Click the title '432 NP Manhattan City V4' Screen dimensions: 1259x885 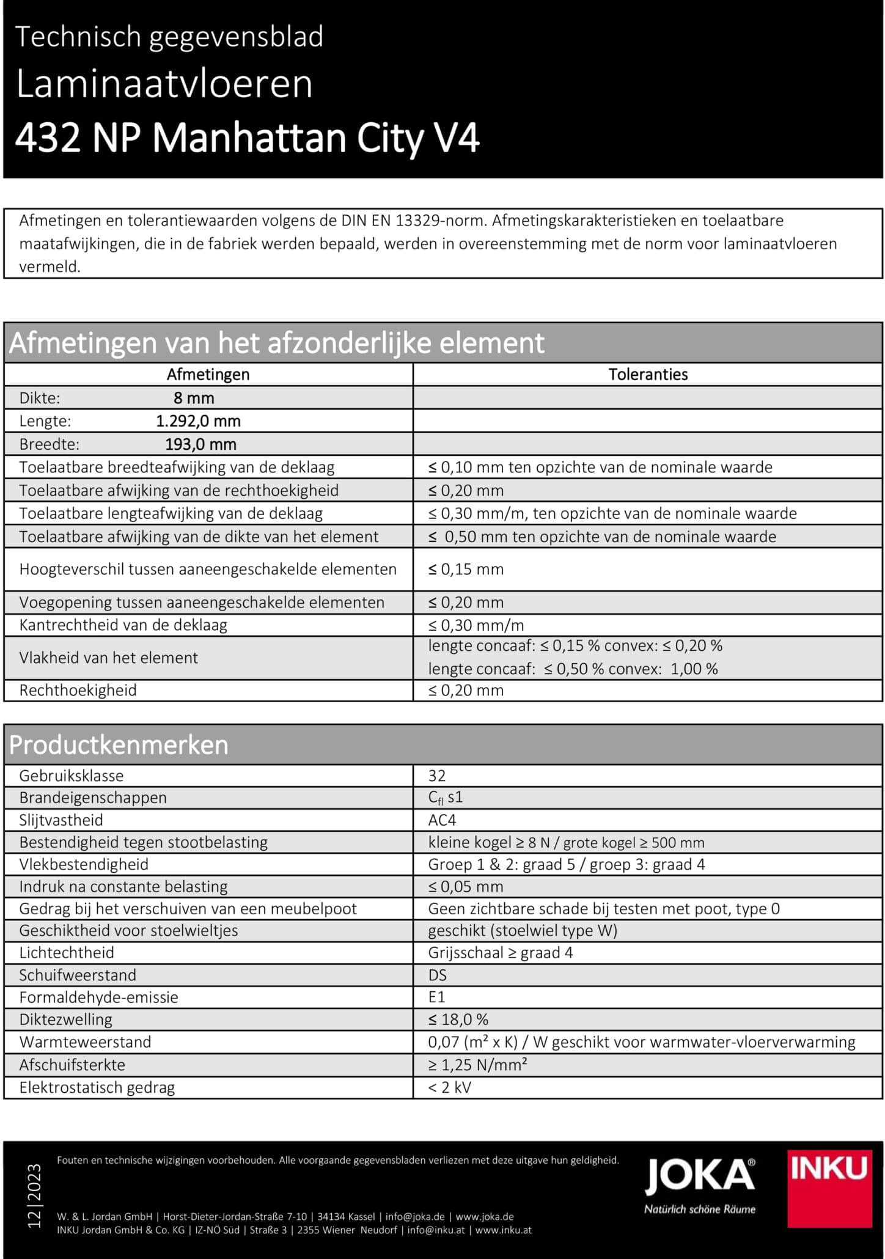247,138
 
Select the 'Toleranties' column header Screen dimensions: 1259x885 648,375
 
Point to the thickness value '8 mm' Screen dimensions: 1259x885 194,398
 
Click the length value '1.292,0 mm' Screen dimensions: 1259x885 198,421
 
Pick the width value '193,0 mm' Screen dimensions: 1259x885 200,444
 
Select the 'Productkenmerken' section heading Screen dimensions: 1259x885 119,745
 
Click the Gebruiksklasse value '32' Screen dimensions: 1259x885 437,776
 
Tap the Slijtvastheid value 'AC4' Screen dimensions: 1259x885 442,820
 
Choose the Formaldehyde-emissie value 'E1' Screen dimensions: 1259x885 437,997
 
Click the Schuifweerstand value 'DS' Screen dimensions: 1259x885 438,975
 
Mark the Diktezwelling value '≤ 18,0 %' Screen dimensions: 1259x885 458,1019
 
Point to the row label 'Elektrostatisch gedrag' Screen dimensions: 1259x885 97,1088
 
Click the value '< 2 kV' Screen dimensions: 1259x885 449,1088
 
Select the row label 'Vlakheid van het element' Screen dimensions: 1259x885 109,658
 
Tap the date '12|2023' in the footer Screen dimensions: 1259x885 34,1196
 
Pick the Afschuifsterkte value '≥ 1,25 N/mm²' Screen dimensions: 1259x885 477,1065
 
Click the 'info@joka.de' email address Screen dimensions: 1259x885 415,1216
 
